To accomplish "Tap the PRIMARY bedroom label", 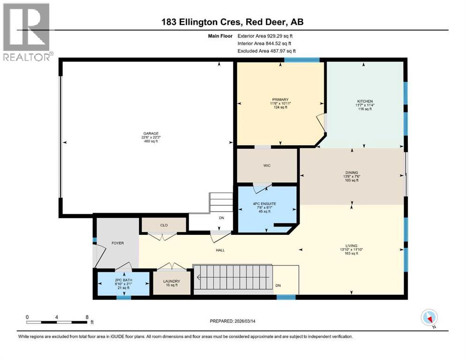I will click(x=280, y=99).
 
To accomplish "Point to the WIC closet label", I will click(x=267, y=165).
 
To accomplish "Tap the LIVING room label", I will click(x=351, y=246).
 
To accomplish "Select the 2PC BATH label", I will click(x=124, y=281).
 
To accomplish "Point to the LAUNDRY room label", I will click(x=172, y=281).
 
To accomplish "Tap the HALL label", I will click(x=220, y=250).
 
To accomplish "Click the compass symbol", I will click(x=429, y=318).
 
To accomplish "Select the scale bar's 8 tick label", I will click(x=87, y=317).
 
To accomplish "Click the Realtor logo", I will click(x=27, y=31).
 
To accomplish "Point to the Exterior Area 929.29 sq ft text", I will click(x=266, y=36).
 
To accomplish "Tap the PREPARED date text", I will click(x=236, y=321).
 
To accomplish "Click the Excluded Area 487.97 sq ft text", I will click(x=266, y=51).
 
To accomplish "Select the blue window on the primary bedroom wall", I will click(x=302, y=60).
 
